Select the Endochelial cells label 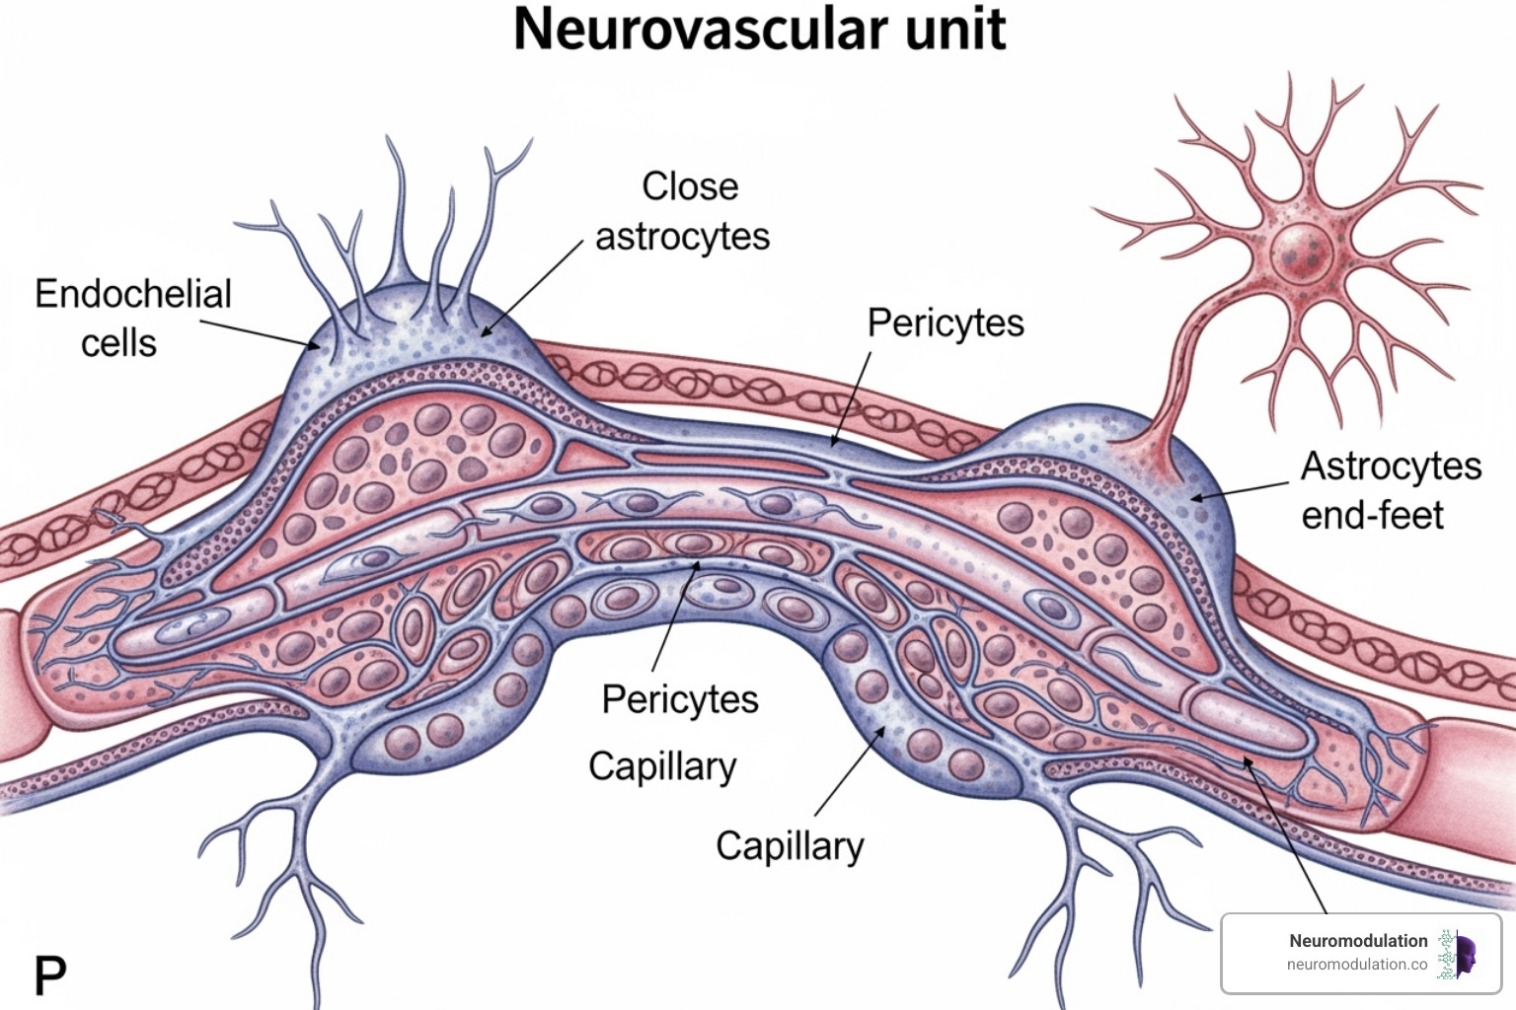132,318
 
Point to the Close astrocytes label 683,211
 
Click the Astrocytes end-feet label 1390,490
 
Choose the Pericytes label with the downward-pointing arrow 945,323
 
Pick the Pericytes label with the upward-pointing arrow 680,699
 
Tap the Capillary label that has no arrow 662,766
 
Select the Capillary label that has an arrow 790,846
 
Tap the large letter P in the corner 50,975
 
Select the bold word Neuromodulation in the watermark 1358,941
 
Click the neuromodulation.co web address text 1357,965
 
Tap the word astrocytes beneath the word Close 683,237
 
